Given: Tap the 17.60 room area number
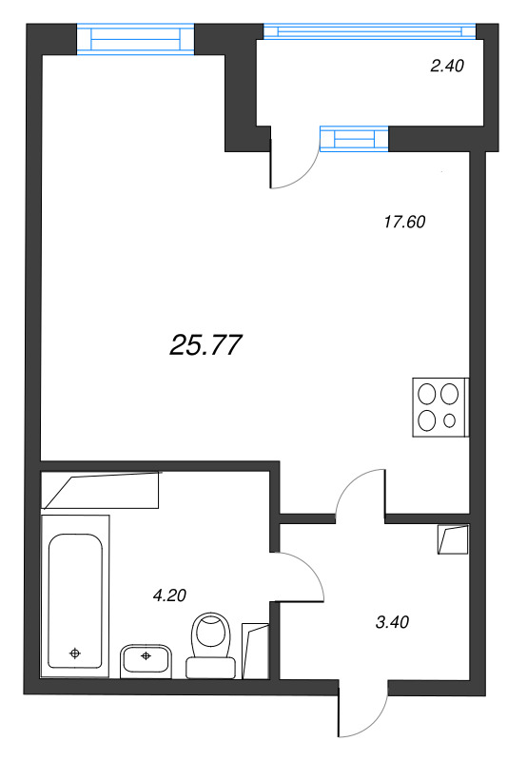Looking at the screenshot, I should click(402, 223).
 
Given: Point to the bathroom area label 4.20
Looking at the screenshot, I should click(168, 595).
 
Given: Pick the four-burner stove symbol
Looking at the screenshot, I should click(439, 407).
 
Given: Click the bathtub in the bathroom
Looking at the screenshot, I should click(75, 599).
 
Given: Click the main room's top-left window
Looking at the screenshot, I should click(134, 39).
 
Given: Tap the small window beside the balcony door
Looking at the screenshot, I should click(355, 140).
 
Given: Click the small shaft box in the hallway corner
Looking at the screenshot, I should click(453, 539).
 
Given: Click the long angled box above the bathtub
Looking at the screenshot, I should click(101, 491).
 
